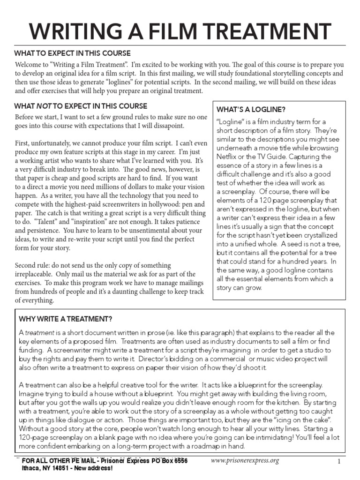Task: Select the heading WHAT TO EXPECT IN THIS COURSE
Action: (x=72, y=53)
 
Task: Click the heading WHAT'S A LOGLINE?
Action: (x=251, y=110)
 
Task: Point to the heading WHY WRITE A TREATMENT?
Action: (x=65, y=319)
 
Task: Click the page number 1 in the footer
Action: (x=338, y=461)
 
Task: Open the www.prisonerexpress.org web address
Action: (x=245, y=461)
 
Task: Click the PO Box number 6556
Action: (x=178, y=461)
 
